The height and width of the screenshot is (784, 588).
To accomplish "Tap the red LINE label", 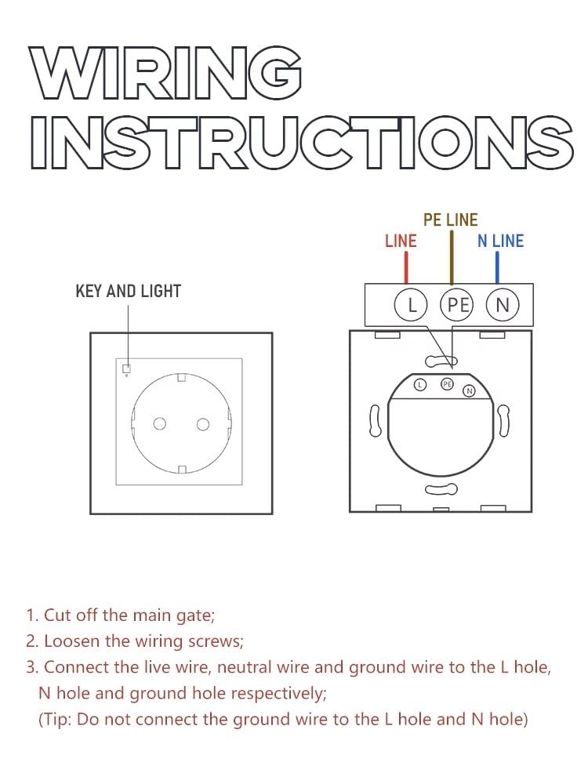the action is click(x=401, y=241).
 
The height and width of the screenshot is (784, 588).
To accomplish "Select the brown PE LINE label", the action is click(x=450, y=220).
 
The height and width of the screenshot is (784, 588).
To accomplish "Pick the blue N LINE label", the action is click(x=500, y=241).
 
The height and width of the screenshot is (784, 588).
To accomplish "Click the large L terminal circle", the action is click(x=410, y=305).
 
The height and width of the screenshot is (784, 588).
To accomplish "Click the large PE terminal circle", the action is click(x=456, y=305).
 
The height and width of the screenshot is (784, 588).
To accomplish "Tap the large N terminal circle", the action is click(x=503, y=305).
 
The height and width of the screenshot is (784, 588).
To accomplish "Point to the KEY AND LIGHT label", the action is click(x=128, y=291).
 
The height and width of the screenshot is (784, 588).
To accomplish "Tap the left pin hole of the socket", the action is click(x=160, y=424).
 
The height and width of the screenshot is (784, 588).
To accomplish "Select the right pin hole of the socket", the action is click(x=203, y=424).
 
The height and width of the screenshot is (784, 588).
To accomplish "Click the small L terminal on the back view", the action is click(x=420, y=385).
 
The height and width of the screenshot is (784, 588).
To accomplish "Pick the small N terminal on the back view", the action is click(x=470, y=390).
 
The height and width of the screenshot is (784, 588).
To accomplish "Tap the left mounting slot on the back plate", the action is click(x=375, y=421).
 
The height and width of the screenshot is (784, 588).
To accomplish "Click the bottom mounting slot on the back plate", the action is click(x=441, y=490).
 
